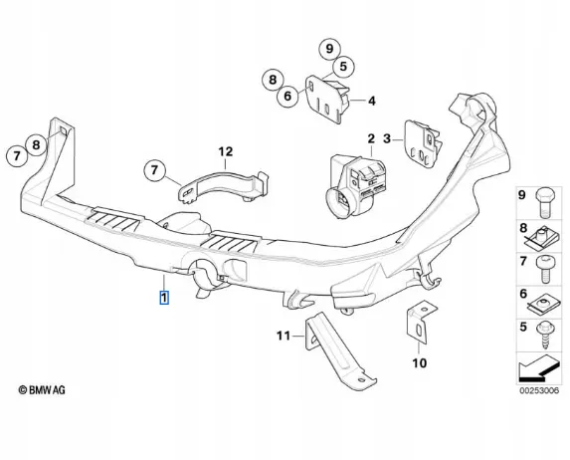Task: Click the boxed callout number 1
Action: point(164,298)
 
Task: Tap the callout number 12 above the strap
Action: point(226,151)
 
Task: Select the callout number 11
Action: point(284,336)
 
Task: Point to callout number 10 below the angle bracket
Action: point(419,362)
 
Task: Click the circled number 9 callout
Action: point(329,49)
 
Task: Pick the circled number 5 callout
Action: point(343,67)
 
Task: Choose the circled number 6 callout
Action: point(287,96)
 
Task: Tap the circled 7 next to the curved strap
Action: point(154,170)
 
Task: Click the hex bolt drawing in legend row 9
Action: point(545,202)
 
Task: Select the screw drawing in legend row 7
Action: point(546,269)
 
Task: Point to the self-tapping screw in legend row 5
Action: point(545,336)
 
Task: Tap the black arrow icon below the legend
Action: point(538,368)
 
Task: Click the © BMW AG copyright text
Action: point(42,390)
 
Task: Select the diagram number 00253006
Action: point(539,391)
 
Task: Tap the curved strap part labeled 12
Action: point(224,185)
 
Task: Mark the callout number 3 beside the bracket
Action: point(387,138)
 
